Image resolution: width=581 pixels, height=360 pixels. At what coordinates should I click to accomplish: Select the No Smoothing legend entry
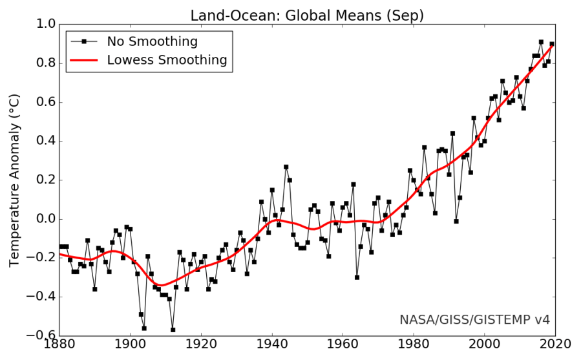pos(152,41)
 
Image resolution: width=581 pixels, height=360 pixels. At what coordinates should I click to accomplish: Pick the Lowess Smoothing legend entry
pos(167,60)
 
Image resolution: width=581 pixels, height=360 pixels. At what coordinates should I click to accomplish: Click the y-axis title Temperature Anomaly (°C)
pos(14,180)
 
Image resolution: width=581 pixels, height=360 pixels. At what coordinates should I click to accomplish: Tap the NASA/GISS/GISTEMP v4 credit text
pos(474,319)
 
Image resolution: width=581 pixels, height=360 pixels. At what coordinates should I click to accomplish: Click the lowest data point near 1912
pos(173,330)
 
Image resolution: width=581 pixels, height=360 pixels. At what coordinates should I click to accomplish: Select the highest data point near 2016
pos(541,42)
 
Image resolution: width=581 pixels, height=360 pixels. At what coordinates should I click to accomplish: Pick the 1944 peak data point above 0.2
pos(286,167)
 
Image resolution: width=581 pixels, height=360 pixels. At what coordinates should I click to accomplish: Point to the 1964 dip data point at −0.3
pos(357,277)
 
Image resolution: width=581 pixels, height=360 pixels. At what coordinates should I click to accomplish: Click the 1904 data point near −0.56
pos(144,328)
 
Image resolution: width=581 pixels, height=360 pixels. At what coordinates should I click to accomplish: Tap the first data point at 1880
pos(60,246)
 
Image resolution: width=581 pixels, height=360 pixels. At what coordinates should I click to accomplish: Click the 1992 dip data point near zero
pos(456,221)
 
